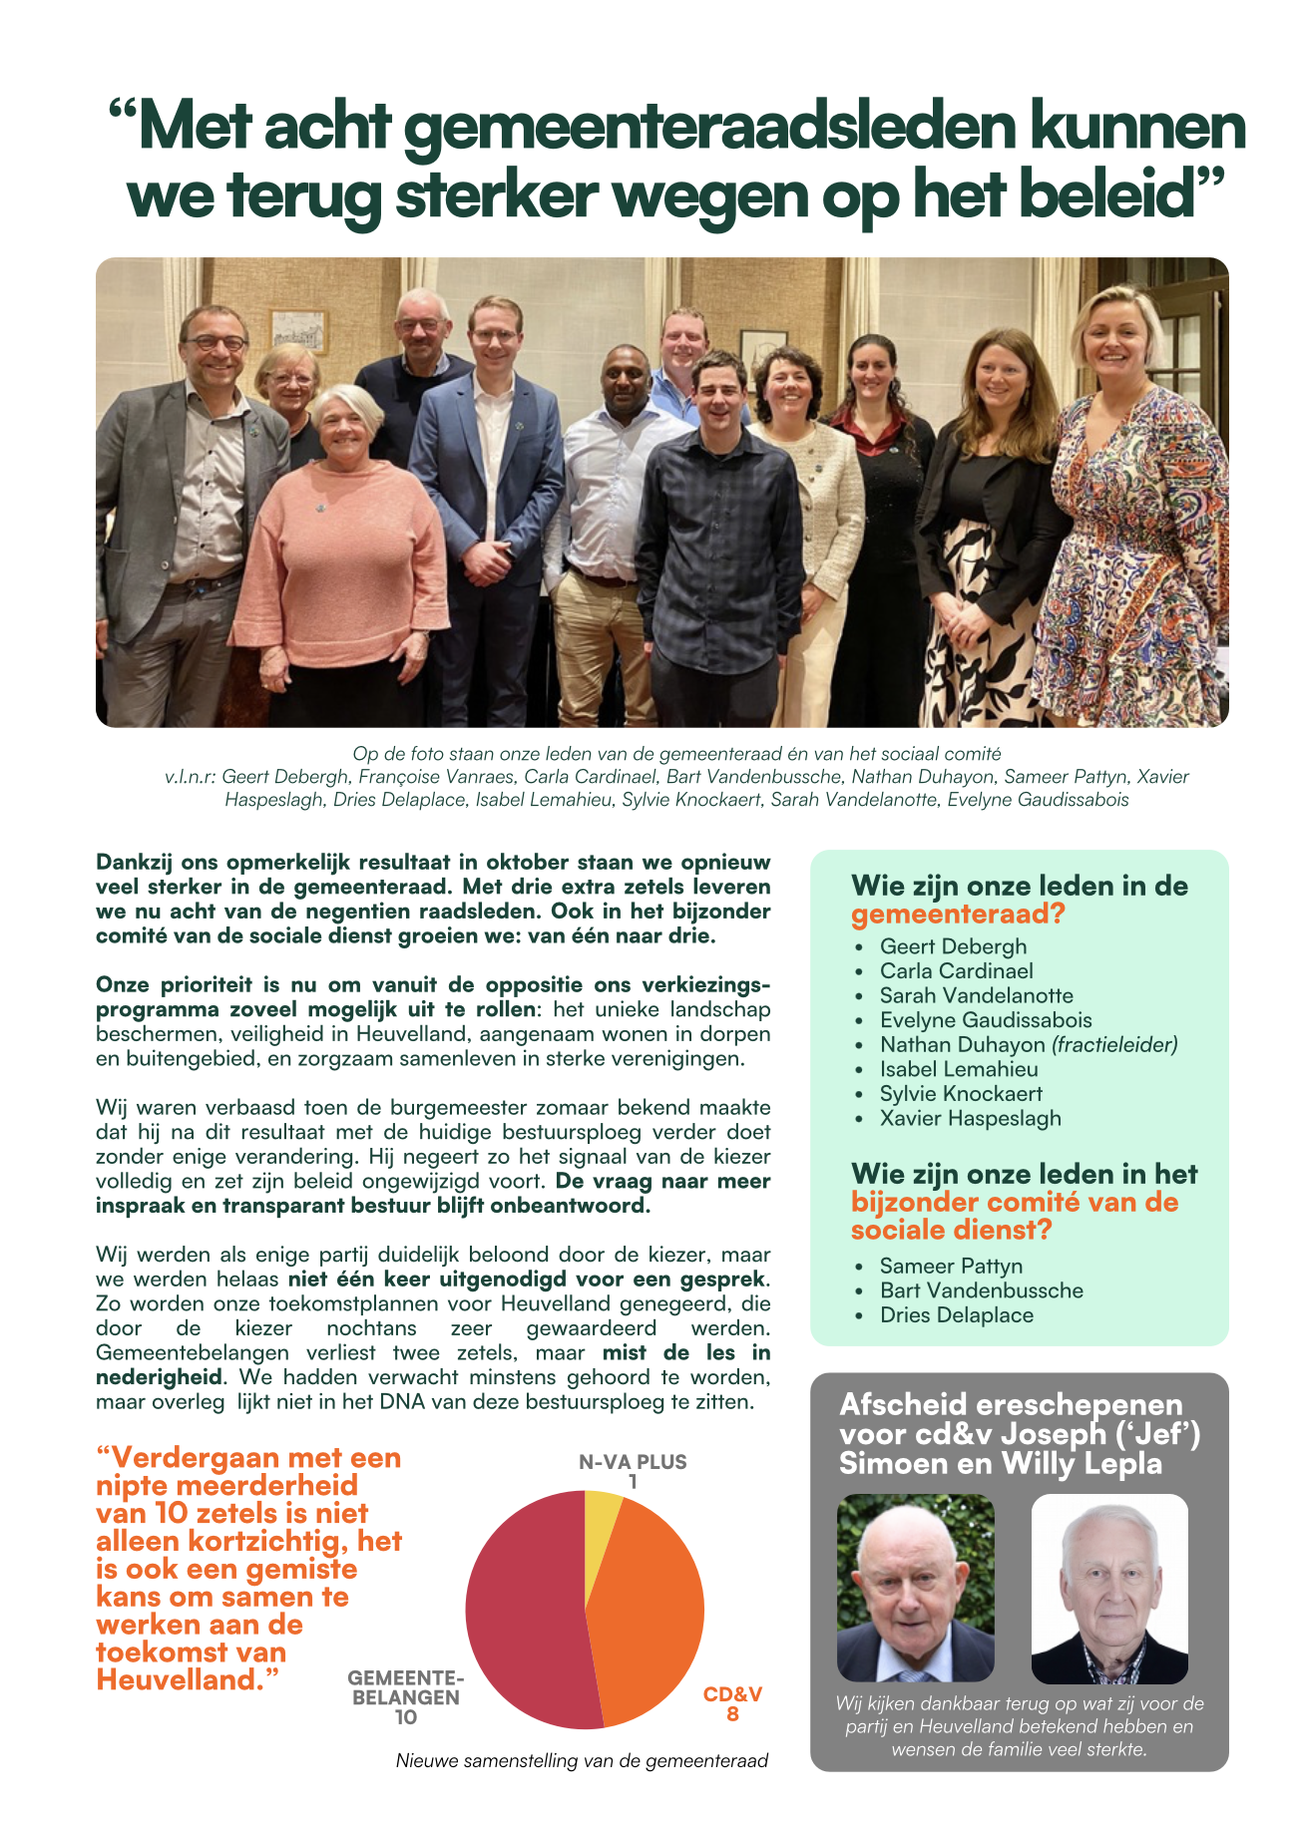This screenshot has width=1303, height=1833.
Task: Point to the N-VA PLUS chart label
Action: pyautogui.click(x=633, y=1462)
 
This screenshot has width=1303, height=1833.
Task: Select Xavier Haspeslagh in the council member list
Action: pyautogui.click(x=970, y=1118)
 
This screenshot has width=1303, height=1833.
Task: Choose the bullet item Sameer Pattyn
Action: pyautogui.click(x=950, y=1266)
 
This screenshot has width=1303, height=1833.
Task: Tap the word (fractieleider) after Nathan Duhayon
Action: pyautogui.click(x=1114, y=1044)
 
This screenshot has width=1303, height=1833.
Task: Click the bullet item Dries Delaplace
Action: pyautogui.click(x=956, y=1314)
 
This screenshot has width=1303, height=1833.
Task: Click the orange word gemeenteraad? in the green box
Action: pyautogui.click(x=958, y=914)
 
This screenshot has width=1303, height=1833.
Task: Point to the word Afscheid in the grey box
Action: pyautogui.click(x=903, y=1404)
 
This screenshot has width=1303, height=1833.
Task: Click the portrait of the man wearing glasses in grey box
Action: pyautogui.click(x=915, y=1588)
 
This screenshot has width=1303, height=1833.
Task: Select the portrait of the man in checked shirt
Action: pyautogui.click(x=1108, y=1588)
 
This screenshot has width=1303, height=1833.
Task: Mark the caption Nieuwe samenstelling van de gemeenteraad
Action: pyautogui.click(x=582, y=1760)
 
